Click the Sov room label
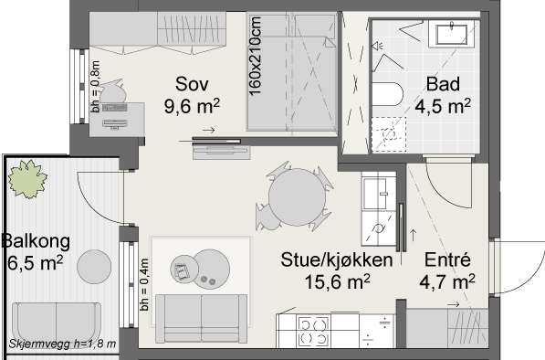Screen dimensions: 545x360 pyautogui.click(x=192, y=84)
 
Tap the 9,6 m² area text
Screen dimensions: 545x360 pyautogui.click(x=192, y=106)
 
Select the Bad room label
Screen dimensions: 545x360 pyautogui.click(x=443, y=84)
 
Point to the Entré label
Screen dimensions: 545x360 pyautogui.click(x=447, y=259)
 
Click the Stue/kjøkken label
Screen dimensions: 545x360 pyautogui.click(x=337, y=260)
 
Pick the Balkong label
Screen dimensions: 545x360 pyautogui.click(x=36, y=242)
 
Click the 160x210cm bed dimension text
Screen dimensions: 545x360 pyautogui.click(x=255, y=56)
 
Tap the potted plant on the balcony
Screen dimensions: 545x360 pyautogui.click(x=27, y=179)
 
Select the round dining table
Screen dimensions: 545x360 pyautogui.click(x=297, y=196)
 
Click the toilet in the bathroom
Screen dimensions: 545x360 pyautogui.click(x=387, y=94)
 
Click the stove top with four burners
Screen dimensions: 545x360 pyautogui.click(x=313, y=332)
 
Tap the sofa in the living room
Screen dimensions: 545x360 pyautogui.click(x=201, y=318)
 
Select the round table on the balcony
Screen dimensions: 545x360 pyautogui.click(x=94, y=267)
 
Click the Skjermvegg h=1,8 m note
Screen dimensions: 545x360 pyautogui.click(x=62, y=344)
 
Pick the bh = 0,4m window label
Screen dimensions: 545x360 pyautogui.click(x=144, y=284)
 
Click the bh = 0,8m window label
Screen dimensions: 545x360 pyautogui.click(x=95, y=87)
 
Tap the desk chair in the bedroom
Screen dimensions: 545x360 pyautogui.click(x=112, y=91)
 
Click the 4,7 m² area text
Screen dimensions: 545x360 pyautogui.click(x=447, y=281)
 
